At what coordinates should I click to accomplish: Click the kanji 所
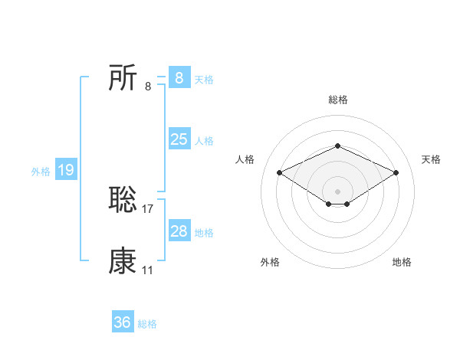(x=123, y=77)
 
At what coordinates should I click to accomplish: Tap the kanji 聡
(x=123, y=200)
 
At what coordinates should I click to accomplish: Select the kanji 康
(x=123, y=261)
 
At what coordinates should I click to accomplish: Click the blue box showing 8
(x=179, y=77)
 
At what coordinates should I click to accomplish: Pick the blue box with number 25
(x=179, y=139)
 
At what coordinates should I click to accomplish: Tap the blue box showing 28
(x=179, y=231)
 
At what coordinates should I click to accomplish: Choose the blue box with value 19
(x=65, y=170)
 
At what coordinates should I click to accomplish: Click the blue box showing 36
(x=123, y=322)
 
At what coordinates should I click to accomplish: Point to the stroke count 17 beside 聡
(x=148, y=208)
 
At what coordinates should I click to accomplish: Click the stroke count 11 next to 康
(x=147, y=270)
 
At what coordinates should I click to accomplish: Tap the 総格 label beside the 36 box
(x=147, y=324)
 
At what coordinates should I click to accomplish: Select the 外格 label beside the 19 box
(x=41, y=172)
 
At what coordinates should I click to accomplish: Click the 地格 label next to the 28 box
(x=204, y=233)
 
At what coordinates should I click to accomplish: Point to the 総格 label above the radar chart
(x=337, y=100)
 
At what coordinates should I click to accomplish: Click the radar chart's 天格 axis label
(x=431, y=159)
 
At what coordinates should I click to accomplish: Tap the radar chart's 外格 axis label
(x=270, y=262)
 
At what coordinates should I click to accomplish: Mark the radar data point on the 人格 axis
(x=279, y=172)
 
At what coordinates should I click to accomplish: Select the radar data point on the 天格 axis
(x=396, y=172)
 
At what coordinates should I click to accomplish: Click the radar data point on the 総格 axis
(x=337, y=146)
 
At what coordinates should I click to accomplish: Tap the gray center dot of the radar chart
(x=337, y=191)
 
